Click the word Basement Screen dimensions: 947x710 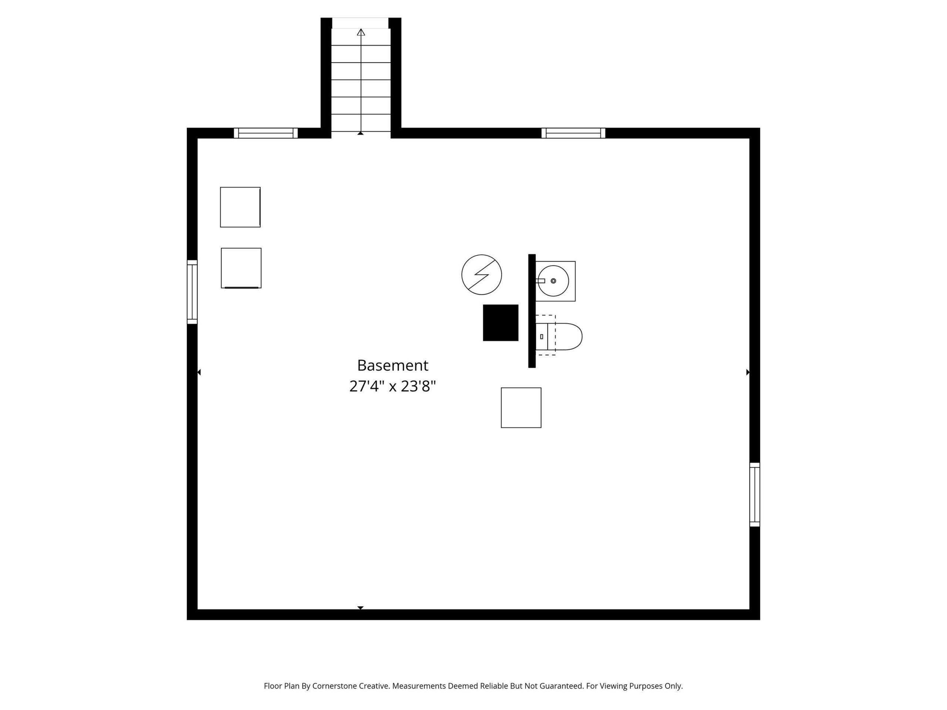tap(392, 365)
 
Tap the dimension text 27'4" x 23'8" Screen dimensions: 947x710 tap(392, 386)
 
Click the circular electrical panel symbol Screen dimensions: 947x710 tap(482, 274)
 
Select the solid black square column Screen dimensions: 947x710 tap(501, 323)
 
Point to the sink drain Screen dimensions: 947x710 tap(553, 281)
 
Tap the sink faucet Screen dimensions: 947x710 tap(540, 281)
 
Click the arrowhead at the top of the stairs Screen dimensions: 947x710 tap(361, 32)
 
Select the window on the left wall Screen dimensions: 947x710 tap(192, 292)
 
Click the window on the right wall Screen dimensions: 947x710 tap(755, 494)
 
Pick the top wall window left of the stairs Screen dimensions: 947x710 tap(266, 133)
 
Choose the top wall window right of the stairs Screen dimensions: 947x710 tap(573, 133)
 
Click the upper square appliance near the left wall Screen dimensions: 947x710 tap(240, 207)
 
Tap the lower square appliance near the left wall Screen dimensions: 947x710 tap(241, 268)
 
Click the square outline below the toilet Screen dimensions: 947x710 tap(521, 408)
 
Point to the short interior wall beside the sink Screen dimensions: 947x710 tap(532, 311)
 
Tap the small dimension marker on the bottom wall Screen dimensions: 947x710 tap(360, 608)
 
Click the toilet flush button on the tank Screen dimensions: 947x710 tap(542, 337)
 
